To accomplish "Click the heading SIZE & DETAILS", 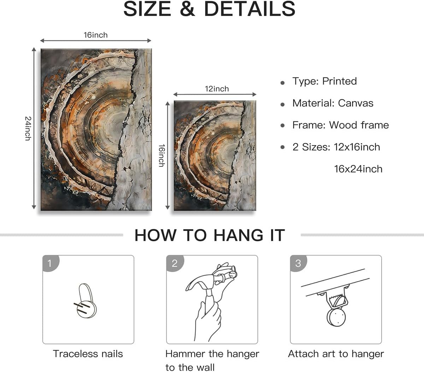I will (x=209, y=9).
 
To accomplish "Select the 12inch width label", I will (x=217, y=89).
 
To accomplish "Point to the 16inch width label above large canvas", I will (x=95, y=35).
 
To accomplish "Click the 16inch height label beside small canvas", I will (x=161, y=155).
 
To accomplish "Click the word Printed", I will (x=339, y=81).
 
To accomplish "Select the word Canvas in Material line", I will (x=355, y=103).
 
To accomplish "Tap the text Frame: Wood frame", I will (x=340, y=125).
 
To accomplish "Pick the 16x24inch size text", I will (x=358, y=169).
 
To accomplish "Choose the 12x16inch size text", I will (x=357, y=147).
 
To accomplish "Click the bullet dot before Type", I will (x=282, y=83).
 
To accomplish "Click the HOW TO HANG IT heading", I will (x=210, y=235).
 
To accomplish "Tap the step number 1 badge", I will (x=50, y=263).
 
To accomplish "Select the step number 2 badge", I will (x=174, y=263).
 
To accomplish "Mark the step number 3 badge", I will (x=298, y=263).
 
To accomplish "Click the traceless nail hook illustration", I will (x=86, y=301).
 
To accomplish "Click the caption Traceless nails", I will (x=88, y=354).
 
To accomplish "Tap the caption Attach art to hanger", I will (x=336, y=354).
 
